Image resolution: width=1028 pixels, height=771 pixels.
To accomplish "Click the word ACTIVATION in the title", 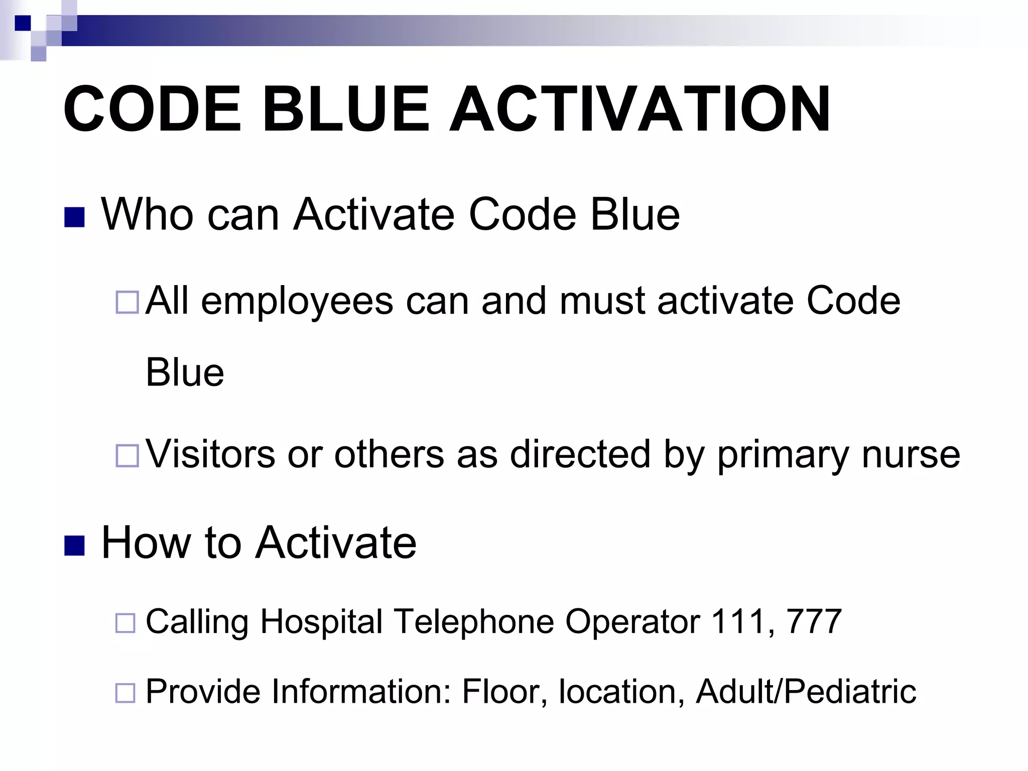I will [639, 109].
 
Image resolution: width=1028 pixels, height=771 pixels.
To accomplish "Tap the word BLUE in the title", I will [346, 109].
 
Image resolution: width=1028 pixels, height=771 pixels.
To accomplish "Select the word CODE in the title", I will [153, 109].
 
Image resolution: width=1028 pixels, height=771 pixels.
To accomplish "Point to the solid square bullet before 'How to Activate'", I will [74, 546].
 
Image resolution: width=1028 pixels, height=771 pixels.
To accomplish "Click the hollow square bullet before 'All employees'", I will [127, 303].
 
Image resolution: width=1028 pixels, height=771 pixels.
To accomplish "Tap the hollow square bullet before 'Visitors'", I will [127, 456].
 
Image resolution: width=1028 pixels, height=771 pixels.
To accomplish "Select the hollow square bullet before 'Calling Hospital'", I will [125, 623].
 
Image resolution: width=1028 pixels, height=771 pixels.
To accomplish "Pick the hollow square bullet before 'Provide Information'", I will [125, 693].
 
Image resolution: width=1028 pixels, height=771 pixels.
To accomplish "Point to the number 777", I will [814, 621].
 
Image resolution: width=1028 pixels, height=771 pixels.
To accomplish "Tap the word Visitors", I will [210, 454].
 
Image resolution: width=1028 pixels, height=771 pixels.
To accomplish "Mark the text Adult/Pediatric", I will [806, 692].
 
